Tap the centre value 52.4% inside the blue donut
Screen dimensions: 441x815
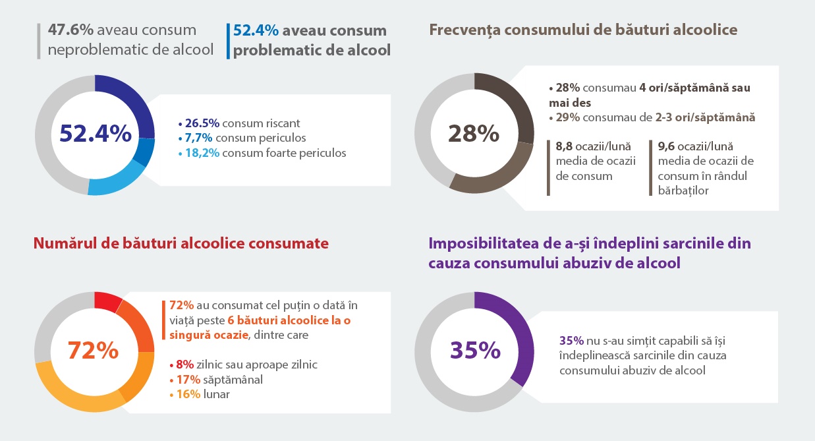point(95,134)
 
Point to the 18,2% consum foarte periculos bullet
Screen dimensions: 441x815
point(262,153)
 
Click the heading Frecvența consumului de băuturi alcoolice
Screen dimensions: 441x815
point(582,30)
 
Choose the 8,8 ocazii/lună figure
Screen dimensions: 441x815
point(583,146)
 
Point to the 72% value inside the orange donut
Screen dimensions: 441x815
point(94,351)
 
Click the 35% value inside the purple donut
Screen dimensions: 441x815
point(475,350)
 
